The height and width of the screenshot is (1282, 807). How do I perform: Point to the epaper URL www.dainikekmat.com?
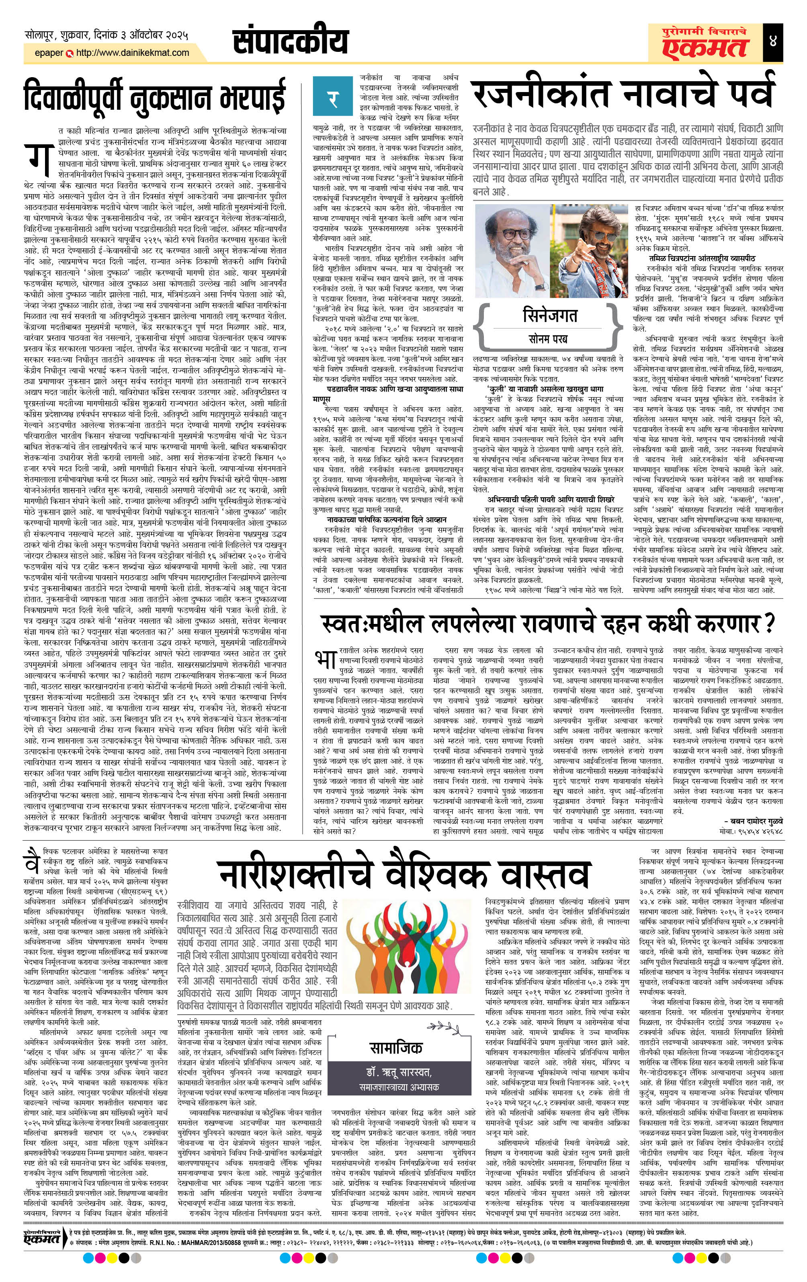coord(133,53)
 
